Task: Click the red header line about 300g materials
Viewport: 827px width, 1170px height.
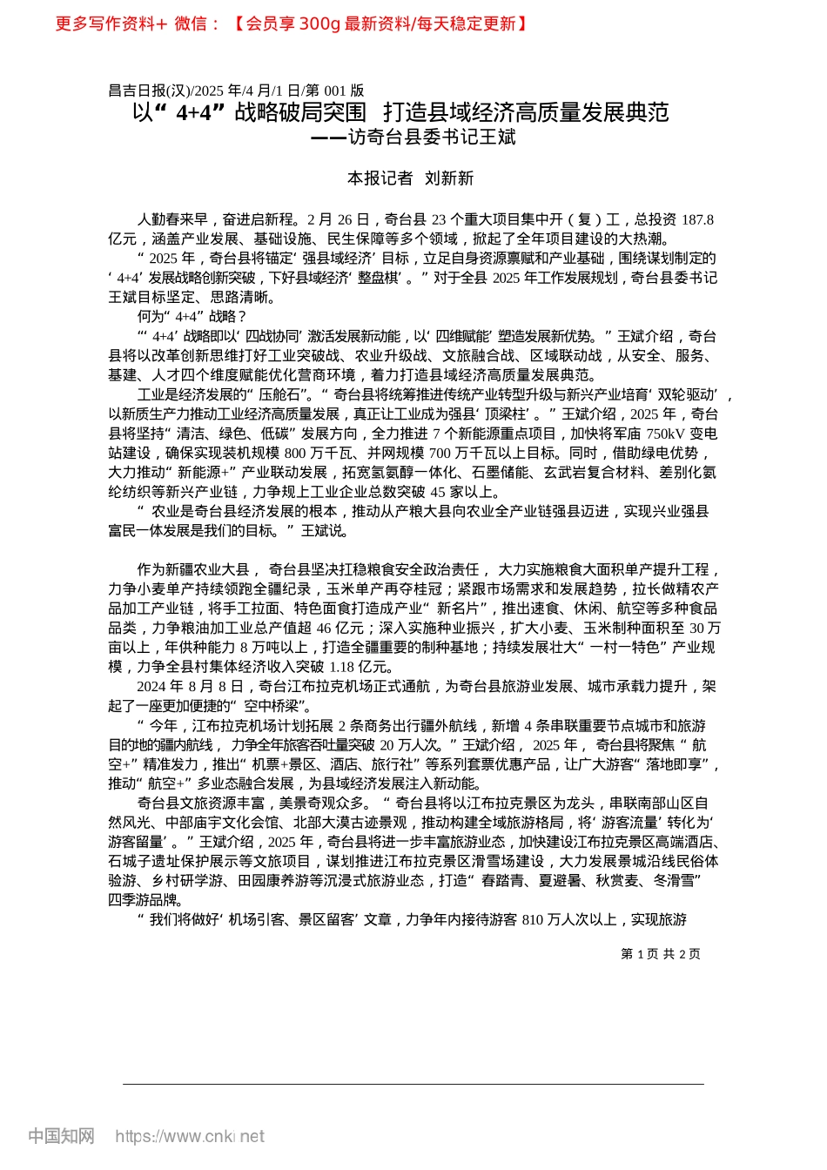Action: [292, 24]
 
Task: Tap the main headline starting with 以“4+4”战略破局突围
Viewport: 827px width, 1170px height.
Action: [400, 112]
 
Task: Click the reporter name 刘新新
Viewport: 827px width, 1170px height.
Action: [449, 178]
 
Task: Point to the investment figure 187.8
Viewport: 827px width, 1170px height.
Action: [697, 219]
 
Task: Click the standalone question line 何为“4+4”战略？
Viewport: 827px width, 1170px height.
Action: [192, 317]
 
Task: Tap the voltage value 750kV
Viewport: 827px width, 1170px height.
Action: [668, 434]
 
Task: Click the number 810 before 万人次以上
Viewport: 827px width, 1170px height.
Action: [533, 919]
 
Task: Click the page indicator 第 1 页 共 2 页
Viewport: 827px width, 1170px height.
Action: [661, 954]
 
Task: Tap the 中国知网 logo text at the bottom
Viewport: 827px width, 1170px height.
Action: [60, 1136]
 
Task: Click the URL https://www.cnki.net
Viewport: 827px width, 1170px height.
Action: [190, 1136]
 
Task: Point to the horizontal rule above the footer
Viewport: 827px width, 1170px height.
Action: [413, 1084]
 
